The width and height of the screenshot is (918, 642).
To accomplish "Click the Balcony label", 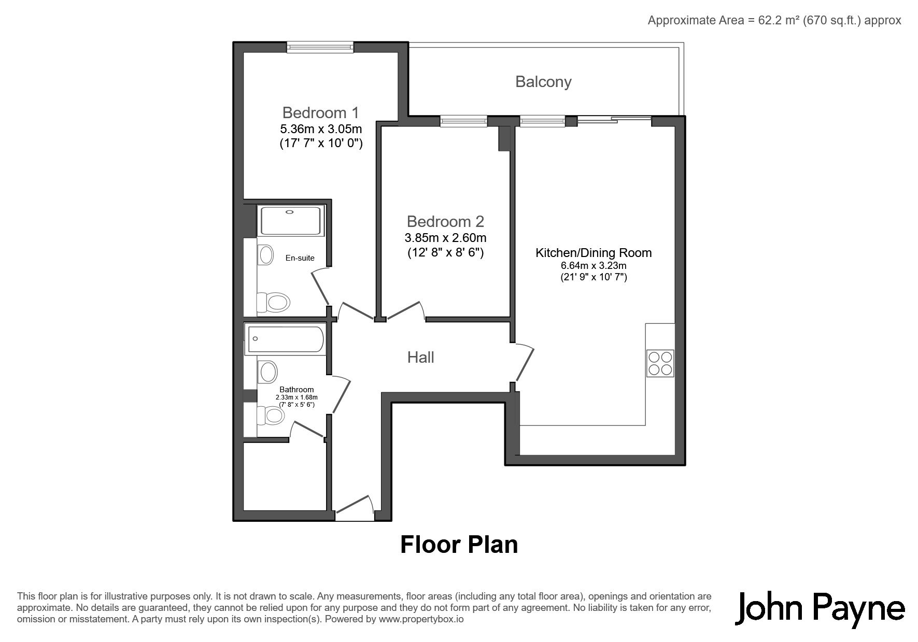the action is (543, 82).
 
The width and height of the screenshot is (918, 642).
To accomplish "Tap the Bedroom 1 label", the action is (320, 112).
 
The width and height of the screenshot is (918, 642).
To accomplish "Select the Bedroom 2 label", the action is (445, 221).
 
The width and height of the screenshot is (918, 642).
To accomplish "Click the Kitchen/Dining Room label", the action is (594, 253).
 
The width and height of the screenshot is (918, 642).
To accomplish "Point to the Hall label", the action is (420, 357).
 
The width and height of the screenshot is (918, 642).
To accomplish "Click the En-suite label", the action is (300, 258).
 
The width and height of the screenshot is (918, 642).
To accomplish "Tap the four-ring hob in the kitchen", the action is (660, 363).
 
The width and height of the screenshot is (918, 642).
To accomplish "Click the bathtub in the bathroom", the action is (285, 339).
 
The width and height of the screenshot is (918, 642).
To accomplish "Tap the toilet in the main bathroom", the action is (271, 415).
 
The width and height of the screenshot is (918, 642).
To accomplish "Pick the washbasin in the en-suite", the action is (266, 254).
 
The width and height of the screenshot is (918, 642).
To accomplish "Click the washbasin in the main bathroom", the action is (267, 372).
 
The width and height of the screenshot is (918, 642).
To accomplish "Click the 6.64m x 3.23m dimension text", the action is (594, 266).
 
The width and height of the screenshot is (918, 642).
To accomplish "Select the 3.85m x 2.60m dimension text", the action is (445, 238).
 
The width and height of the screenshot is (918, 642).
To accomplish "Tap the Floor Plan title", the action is (459, 545).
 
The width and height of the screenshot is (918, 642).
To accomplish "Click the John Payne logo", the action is (820, 609).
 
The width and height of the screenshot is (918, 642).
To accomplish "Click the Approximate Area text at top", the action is (774, 20).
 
